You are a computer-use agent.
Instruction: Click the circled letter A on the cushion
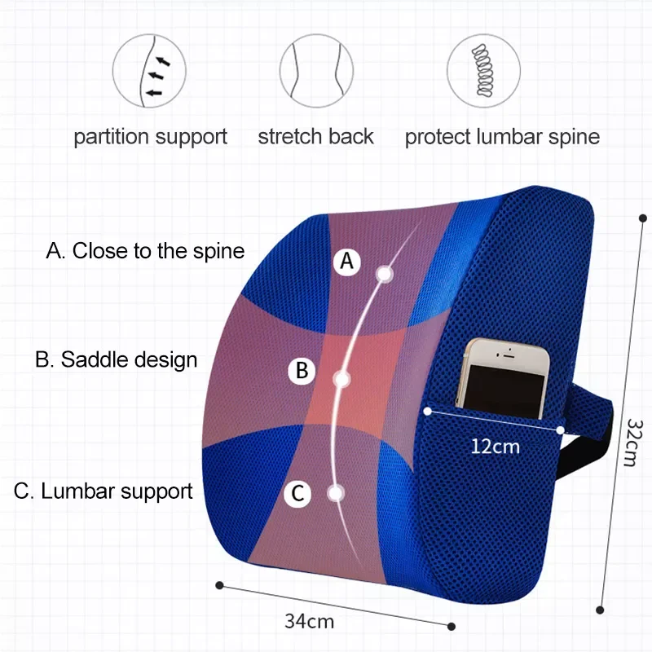click(x=346, y=262)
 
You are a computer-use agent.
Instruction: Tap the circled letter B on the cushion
click(x=302, y=371)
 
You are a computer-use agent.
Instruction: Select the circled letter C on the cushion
click(x=297, y=494)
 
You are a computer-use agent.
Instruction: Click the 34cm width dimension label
click(x=310, y=622)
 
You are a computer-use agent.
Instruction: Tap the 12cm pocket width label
click(x=496, y=447)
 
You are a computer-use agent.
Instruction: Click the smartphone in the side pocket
click(x=502, y=378)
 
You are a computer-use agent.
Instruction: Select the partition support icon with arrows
click(x=149, y=71)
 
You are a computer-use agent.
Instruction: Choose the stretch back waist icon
click(x=316, y=71)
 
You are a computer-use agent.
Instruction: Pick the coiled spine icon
click(x=483, y=71)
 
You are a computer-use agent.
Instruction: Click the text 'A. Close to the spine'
click(x=145, y=251)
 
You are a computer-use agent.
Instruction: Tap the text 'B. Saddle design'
click(x=116, y=359)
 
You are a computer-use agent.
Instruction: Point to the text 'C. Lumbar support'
click(x=104, y=491)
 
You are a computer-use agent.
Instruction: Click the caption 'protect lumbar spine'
click(x=502, y=137)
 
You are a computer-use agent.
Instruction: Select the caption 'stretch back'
click(x=316, y=136)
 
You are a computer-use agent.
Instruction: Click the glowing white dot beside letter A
click(x=385, y=274)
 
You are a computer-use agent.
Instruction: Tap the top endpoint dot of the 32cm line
click(x=643, y=218)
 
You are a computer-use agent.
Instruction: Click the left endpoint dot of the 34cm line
click(x=219, y=585)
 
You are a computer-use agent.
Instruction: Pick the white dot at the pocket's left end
click(x=427, y=412)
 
